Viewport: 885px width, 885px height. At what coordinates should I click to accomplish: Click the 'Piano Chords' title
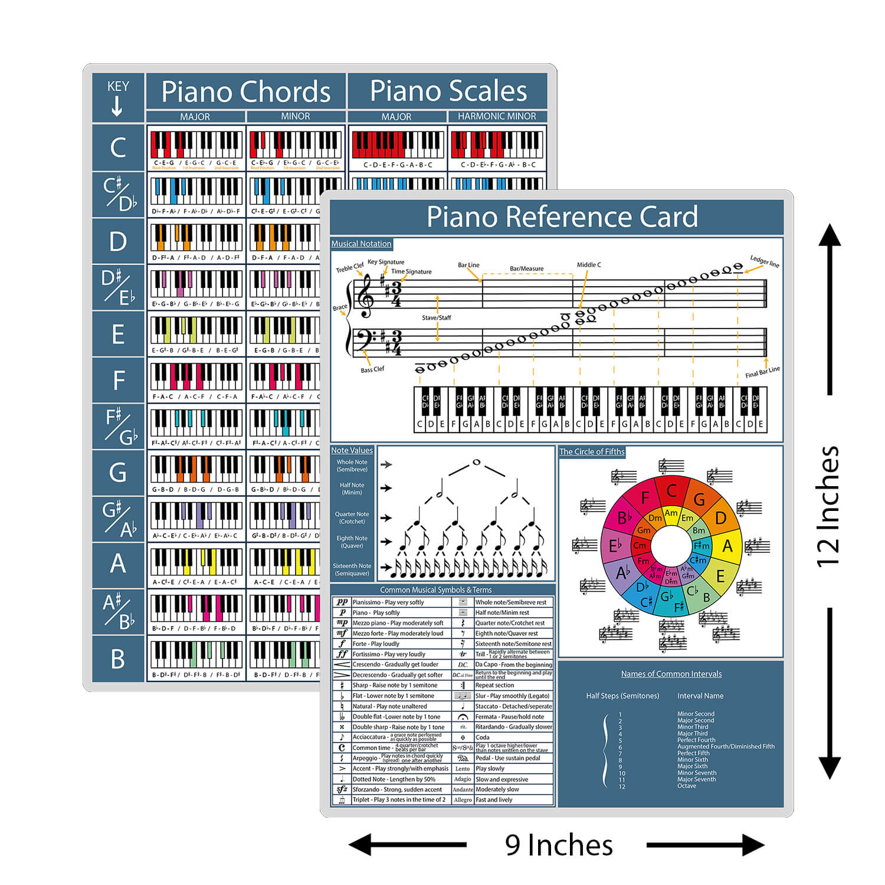[245, 92]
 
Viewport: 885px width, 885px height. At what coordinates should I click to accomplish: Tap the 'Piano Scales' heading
[448, 91]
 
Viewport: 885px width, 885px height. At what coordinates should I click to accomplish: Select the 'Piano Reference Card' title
[562, 217]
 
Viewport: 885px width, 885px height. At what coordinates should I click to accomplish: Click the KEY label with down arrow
[117, 98]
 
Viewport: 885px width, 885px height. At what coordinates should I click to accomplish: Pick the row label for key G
[117, 473]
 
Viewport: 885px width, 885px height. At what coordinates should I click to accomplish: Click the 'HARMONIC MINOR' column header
[497, 116]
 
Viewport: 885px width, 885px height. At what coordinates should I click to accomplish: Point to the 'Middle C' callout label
[589, 265]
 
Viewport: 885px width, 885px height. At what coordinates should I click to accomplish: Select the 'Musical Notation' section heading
[361, 244]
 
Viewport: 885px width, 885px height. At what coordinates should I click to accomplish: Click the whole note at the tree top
[477, 462]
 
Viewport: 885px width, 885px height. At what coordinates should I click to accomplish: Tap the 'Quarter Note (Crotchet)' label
[352, 517]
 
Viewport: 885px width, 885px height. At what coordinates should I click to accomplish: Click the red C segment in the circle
[671, 491]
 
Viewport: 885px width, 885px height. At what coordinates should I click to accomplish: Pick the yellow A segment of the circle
[727, 546]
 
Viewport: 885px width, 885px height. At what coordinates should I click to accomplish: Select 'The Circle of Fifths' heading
[591, 451]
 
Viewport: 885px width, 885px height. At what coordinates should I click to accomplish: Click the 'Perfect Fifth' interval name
[693, 753]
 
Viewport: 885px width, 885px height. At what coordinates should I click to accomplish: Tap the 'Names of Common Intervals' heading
[671, 674]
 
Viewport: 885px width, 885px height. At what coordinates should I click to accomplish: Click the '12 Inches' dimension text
[827, 506]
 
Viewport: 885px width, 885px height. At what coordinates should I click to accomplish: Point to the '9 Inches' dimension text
[558, 845]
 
